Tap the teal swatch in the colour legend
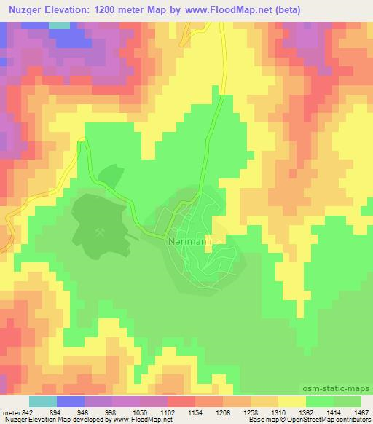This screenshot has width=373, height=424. coord(43,401)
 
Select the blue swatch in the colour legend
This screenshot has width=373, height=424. coord(71,401)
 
